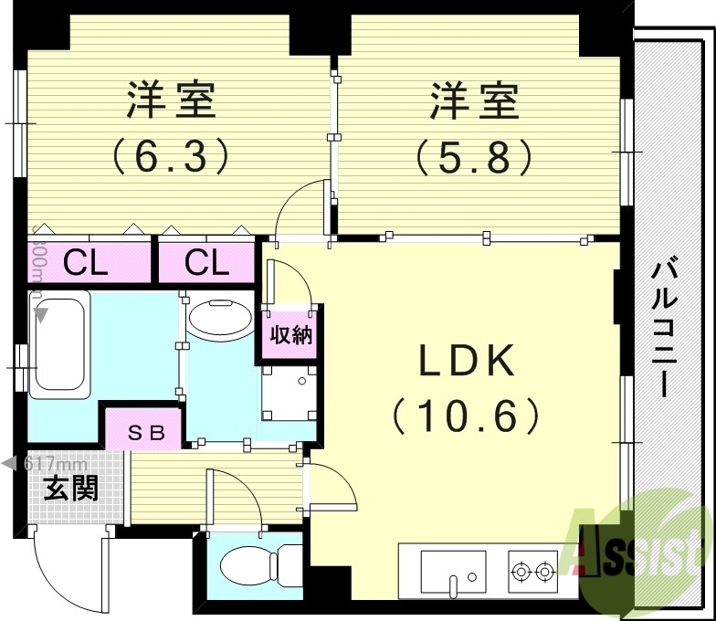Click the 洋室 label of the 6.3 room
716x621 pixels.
[x=172, y=100]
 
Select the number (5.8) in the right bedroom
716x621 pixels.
[x=474, y=156]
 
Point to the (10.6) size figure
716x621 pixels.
[x=467, y=417]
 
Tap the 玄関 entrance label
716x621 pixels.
[x=70, y=489]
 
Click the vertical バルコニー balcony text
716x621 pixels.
[x=664, y=329]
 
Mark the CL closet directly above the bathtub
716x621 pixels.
[x=87, y=263]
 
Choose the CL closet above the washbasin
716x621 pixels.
[x=206, y=263]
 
